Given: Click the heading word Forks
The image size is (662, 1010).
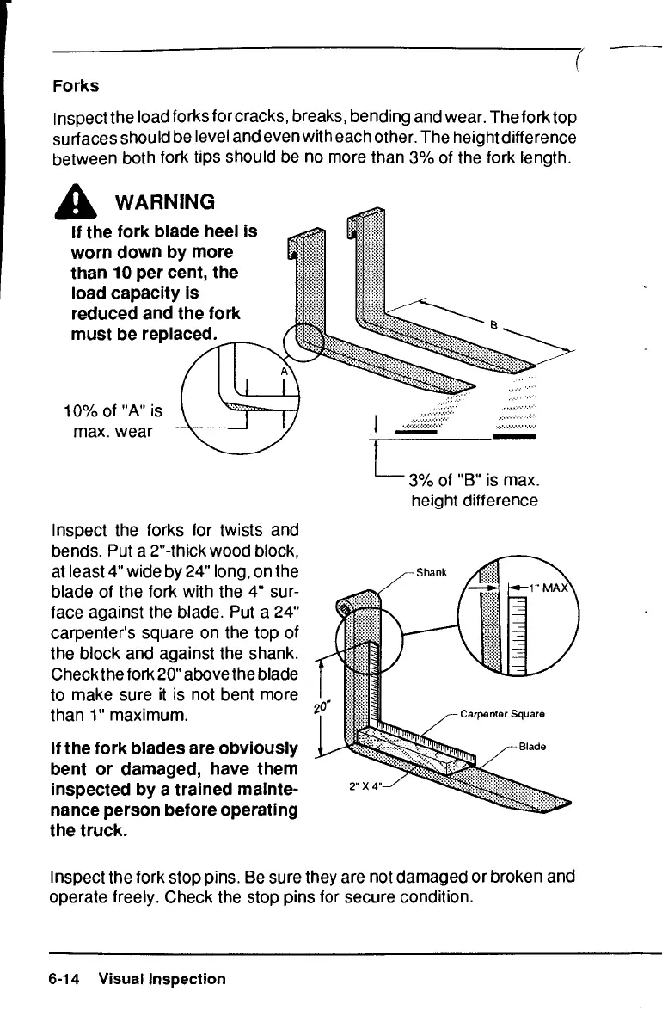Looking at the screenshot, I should click(x=76, y=87).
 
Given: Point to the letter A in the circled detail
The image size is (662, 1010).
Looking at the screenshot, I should click(x=284, y=371).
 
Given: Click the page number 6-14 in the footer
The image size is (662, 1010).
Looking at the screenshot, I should click(x=65, y=979).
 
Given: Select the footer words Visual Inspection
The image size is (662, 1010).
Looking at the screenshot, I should click(x=162, y=979).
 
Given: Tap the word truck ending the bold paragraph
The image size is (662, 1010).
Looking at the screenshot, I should click(x=104, y=832).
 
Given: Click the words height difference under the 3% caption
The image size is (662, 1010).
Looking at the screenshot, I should click(x=475, y=501).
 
